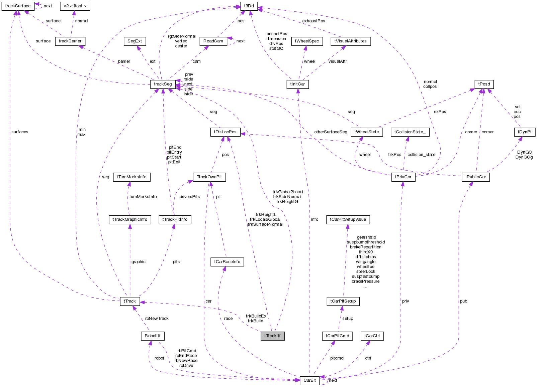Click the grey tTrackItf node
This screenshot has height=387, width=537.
click(x=272, y=336)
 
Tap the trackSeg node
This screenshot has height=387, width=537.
click(x=163, y=84)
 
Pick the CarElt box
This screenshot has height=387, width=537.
click(x=309, y=380)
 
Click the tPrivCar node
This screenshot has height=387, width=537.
click(x=403, y=177)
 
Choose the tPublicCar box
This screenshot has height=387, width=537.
click(x=475, y=177)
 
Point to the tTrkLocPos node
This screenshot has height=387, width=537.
click(x=225, y=132)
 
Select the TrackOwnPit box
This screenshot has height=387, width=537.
click(x=209, y=177)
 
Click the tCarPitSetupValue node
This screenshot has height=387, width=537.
click(x=348, y=219)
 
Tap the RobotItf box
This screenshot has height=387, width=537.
click(x=153, y=336)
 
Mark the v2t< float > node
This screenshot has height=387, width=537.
click(x=75, y=6)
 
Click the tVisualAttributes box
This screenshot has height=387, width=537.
click(x=350, y=41)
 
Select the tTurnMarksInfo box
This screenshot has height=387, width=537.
click(x=131, y=177)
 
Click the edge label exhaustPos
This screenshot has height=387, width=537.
click(x=314, y=21)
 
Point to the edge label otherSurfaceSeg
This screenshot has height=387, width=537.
click(x=331, y=132)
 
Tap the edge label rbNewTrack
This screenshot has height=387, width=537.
click(x=157, y=319)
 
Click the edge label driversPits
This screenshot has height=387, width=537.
click(x=189, y=197)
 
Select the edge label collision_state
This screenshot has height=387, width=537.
click(x=421, y=155)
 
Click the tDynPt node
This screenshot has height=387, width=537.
click(x=524, y=132)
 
